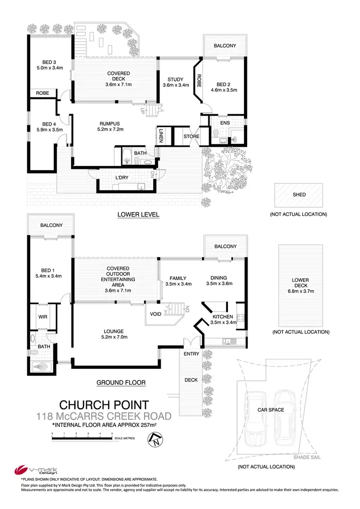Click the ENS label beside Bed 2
225,123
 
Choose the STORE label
191,137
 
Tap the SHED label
299,195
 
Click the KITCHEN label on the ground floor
223,317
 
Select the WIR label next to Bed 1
41,317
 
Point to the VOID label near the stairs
156,314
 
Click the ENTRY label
191,354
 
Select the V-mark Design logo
28,469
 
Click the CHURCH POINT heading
103,405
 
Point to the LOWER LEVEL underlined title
138,214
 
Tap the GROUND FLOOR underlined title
121,382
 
